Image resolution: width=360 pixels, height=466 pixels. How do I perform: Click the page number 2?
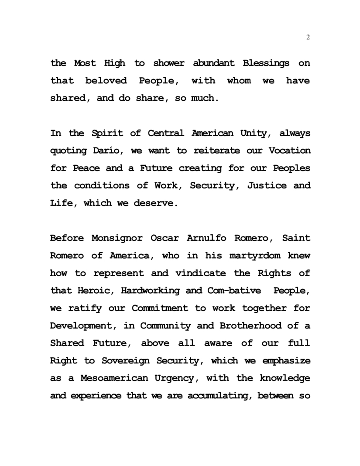pos(308,37)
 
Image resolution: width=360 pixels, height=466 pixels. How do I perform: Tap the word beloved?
pos(106,81)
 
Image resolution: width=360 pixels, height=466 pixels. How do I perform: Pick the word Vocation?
pos(289,151)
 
